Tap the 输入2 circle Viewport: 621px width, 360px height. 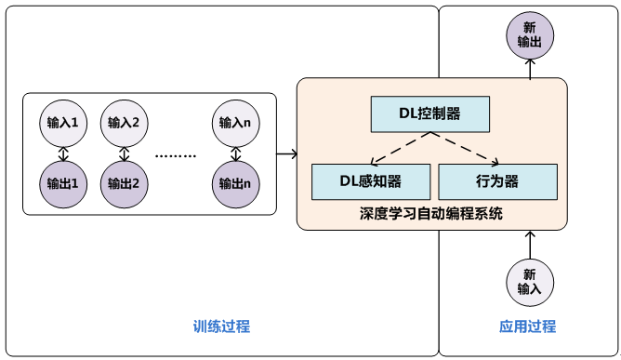pyautogui.click(x=123, y=122)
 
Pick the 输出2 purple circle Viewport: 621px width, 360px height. pyautogui.click(x=123, y=181)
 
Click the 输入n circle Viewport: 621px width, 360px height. pyautogui.click(x=234, y=122)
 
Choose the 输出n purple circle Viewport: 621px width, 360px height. pyautogui.click(x=234, y=181)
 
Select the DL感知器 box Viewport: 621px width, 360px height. pyautogui.click(x=370, y=181)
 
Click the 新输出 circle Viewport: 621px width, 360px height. pyautogui.click(x=530, y=35)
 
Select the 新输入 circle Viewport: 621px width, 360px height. pyautogui.click(x=530, y=282)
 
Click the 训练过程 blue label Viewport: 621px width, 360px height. pyautogui.click(x=221, y=327)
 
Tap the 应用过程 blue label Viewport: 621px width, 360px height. pyautogui.click(x=527, y=327)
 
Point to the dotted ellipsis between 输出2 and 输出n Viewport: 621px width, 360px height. pyautogui.click(x=176, y=155)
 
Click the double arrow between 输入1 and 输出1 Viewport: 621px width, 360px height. pyautogui.click(x=62, y=152)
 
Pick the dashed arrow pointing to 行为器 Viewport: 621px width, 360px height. pyautogui.click(x=465, y=149)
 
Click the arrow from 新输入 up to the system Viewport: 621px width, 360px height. pyautogui.click(x=530, y=244)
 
